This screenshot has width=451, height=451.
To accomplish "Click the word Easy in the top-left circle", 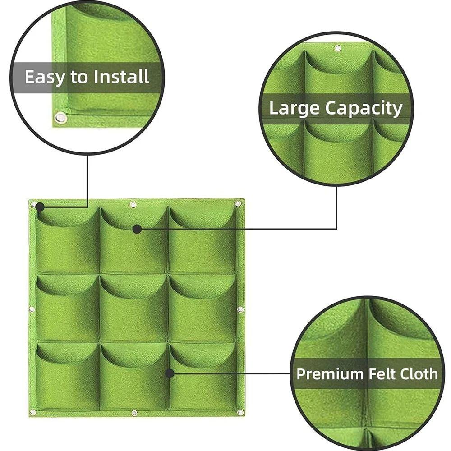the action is (x=44, y=78).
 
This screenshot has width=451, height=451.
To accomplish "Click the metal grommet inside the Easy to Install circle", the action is (x=60, y=117).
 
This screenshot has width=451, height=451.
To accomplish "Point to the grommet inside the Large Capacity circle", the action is (x=338, y=48).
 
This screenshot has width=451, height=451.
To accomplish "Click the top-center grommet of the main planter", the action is (x=133, y=205).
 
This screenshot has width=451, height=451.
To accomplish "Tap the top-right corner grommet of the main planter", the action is (x=238, y=204).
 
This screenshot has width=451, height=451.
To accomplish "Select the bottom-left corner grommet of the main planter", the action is (x=33, y=413).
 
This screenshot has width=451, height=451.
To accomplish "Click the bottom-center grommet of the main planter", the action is (x=134, y=413).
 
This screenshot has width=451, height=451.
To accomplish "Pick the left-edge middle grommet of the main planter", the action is (x=32, y=309).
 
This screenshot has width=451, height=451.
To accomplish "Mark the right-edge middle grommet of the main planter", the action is (x=240, y=309).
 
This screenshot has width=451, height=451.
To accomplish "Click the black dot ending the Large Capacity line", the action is (x=137, y=229).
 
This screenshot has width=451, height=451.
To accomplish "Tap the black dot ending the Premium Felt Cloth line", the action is (x=170, y=373).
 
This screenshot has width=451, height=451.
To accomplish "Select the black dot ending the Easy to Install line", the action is (x=40, y=207).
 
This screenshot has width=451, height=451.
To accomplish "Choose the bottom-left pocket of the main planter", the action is (x=68, y=376).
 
